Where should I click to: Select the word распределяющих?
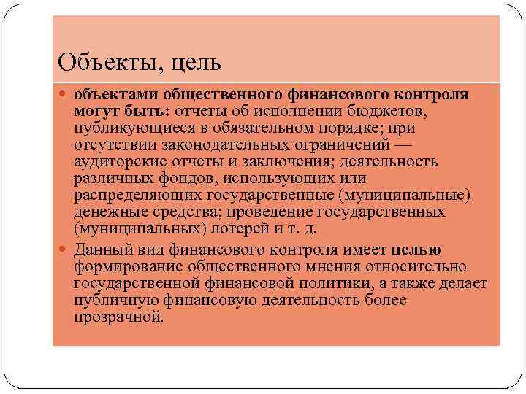coord(131,195)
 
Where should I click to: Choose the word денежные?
coord(103,212)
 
